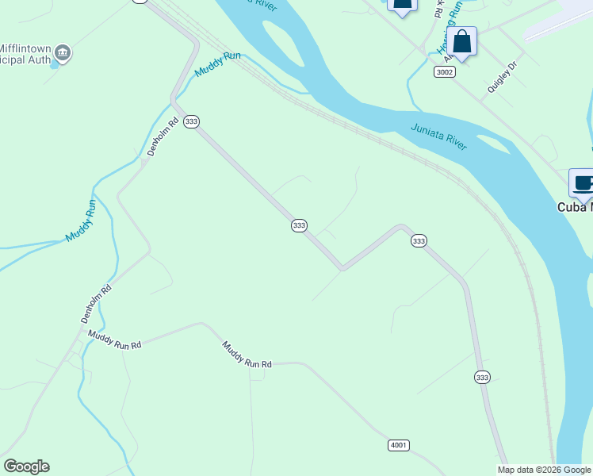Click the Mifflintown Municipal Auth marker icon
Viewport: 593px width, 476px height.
pyautogui.click(x=63, y=53)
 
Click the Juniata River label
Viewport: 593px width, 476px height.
pyautogui.click(x=438, y=136)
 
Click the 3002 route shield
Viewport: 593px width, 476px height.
pyautogui.click(x=445, y=72)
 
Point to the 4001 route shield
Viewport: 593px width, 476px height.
pyautogui.click(x=399, y=445)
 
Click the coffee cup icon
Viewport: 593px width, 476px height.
pyautogui.click(x=583, y=183)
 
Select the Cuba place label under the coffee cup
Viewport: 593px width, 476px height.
pyautogui.click(x=572, y=207)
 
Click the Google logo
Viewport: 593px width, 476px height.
pyautogui.click(x=26, y=466)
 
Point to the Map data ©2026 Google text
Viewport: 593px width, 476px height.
pyautogui.click(x=544, y=470)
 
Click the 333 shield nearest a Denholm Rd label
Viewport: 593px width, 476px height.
pyautogui.click(x=191, y=121)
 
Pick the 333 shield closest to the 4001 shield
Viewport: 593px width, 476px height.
pyautogui.click(x=482, y=378)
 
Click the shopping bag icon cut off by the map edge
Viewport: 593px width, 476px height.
pyautogui.click(x=402, y=5)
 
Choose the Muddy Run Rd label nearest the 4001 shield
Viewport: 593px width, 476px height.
pyautogui.click(x=247, y=355)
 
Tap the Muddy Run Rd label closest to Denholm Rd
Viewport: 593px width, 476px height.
pyautogui.click(x=114, y=340)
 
